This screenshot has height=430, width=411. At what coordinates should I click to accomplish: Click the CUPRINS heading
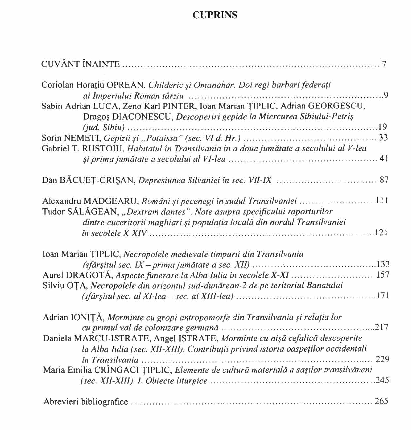point(215,15)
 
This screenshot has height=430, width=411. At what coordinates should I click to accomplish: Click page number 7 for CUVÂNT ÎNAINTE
point(384,64)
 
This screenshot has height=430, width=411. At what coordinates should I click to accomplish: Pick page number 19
point(383,127)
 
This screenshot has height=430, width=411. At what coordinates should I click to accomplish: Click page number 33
point(383,138)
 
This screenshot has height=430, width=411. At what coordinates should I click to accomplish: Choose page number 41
point(384,159)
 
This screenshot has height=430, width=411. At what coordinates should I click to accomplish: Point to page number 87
point(384,180)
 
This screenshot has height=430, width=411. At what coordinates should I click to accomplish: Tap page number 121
point(381,233)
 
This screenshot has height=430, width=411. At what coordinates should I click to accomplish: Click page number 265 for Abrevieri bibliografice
point(381,401)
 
